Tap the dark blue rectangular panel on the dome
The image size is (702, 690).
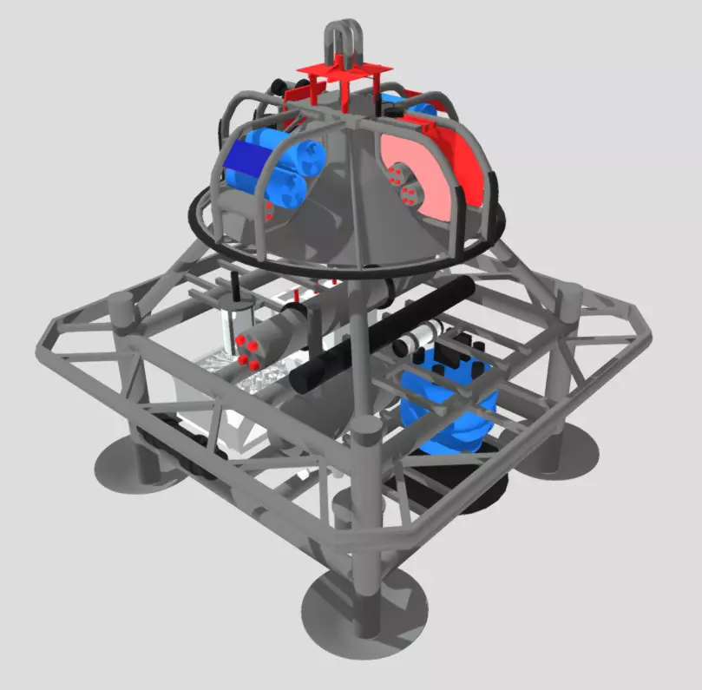[x=246, y=162]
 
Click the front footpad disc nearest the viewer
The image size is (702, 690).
[x=364, y=608]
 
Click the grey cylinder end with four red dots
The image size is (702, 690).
[x=247, y=347]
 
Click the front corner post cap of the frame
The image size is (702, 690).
[x=365, y=428]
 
